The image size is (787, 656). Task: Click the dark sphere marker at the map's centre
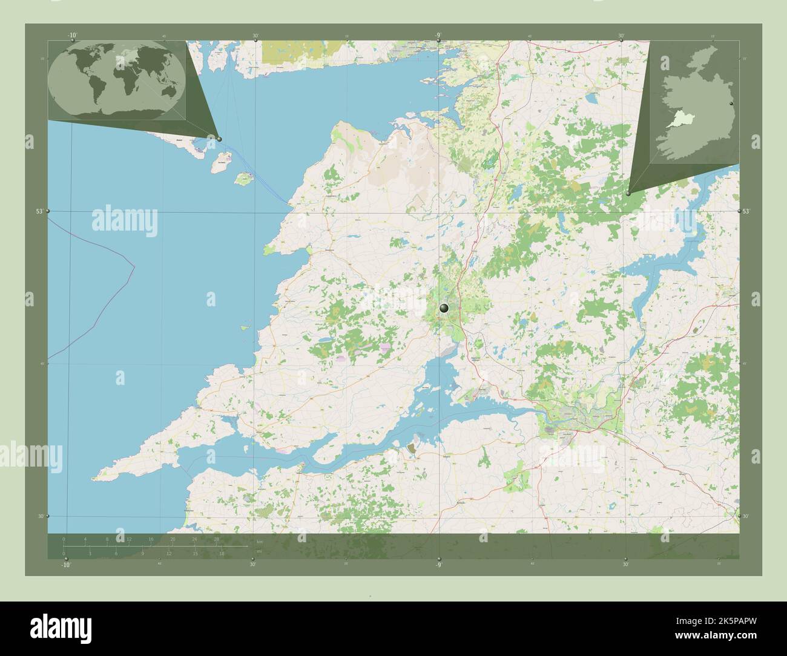pyautogui.click(x=444, y=308)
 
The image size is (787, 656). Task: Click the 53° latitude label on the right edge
pyautogui.click(x=747, y=211)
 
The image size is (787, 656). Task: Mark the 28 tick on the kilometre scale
pyautogui.click(x=216, y=539)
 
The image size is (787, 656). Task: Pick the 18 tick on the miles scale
pyautogui.click(x=222, y=553)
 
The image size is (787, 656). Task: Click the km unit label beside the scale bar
pyautogui.click(x=260, y=541)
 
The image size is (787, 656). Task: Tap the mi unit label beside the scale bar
pyautogui.click(x=259, y=551)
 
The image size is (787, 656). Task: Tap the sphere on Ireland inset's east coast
pyautogui.click(x=732, y=105)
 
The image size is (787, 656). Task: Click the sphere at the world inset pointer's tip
pyautogui.click(x=219, y=139)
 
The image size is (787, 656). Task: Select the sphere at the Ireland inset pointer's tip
pyautogui.click(x=628, y=194)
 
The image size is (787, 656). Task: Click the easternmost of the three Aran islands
pyautogui.click(x=243, y=179)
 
